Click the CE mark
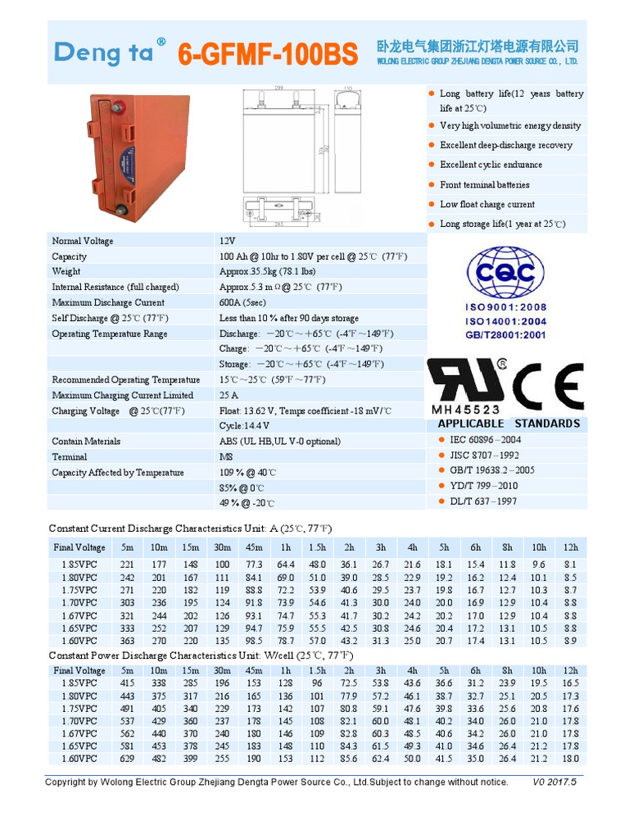(548, 381)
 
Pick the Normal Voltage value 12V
(227, 241)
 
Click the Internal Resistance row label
(115, 287)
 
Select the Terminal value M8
(225, 456)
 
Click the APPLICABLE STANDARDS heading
(509, 424)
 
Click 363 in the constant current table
(127, 641)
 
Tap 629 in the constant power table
(127, 759)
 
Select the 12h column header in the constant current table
(570, 547)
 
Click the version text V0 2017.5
(554, 782)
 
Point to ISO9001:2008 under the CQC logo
(505, 306)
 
